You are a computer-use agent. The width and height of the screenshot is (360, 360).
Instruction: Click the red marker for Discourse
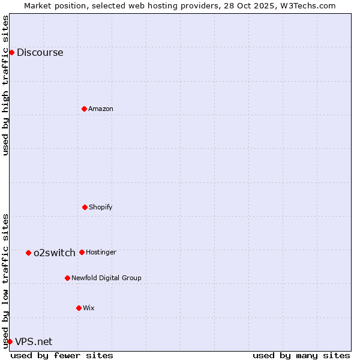pyautogui.click(x=11, y=52)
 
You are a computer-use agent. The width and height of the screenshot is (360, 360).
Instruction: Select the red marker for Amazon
pyautogui.click(x=84, y=109)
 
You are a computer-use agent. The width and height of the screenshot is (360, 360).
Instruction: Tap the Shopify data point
pyautogui.click(x=85, y=207)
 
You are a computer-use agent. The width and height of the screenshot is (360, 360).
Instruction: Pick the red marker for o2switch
pyautogui.click(x=28, y=253)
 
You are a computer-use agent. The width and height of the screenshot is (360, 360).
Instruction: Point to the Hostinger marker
pyautogui.click(x=82, y=252)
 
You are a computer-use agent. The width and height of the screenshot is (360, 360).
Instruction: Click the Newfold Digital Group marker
pyautogui.click(x=67, y=278)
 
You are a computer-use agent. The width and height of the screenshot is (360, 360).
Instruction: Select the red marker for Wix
pyautogui.click(x=79, y=308)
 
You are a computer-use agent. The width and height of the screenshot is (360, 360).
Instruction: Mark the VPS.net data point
pyautogui.click(x=10, y=341)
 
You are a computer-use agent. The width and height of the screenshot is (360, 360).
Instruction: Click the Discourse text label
pyautogui.click(x=40, y=52)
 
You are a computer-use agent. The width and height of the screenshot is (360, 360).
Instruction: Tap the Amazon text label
pyautogui.click(x=101, y=109)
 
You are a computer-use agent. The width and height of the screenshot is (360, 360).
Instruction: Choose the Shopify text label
pyautogui.click(x=101, y=207)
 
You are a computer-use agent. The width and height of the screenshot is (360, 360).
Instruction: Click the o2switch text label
pyautogui.click(x=55, y=253)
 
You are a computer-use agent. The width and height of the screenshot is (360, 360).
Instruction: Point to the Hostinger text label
pyautogui.click(x=101, y=252)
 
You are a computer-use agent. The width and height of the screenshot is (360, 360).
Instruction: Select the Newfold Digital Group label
pyautogui.click(x=106, y=278)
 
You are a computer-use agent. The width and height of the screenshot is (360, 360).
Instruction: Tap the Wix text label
pyautogui.click(x=89, y=308)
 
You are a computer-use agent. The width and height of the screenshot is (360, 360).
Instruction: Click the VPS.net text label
pyautogui.click(x=34, y=341)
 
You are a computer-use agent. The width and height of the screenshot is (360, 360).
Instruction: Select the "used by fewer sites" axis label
pyautogui.click(x=62, y=355)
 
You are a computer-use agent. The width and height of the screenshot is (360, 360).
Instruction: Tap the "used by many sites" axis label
pyautogui.click(x=301, y=355)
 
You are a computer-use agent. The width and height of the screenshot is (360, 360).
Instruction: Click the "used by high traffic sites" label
pyautogui.click(x=5, y=85)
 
